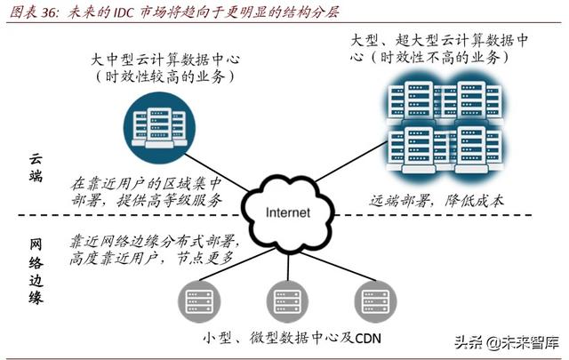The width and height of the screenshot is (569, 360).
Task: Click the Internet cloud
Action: (287, 211)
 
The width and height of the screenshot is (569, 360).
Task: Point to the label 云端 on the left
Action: (36, 166)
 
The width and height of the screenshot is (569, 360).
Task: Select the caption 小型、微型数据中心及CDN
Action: (285, 338)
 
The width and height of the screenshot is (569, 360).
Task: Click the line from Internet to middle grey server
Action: (287, 258)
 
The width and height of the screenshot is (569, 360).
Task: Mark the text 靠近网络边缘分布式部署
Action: (147, 240)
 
